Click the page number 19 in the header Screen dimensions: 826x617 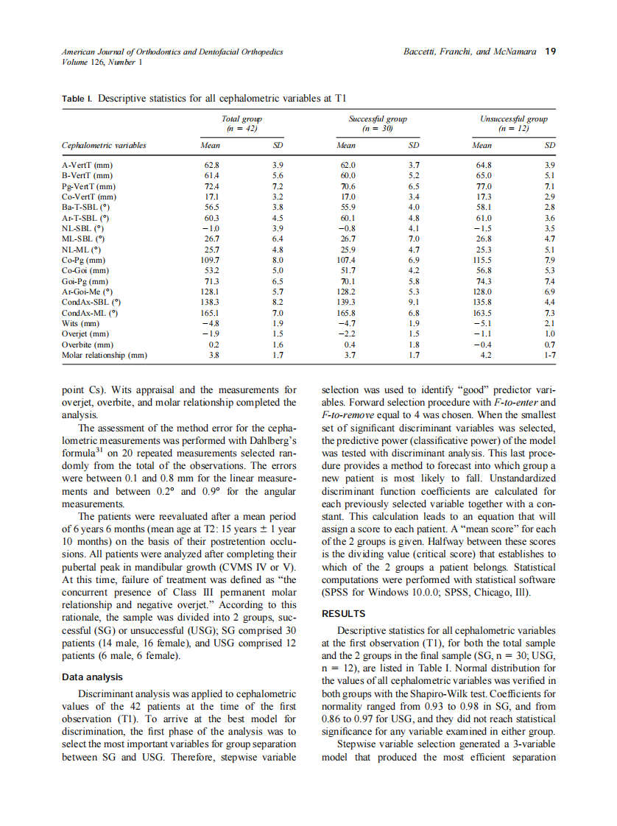click(x=550, y=52)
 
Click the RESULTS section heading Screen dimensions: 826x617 click(x=344, y=613)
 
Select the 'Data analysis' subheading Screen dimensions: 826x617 click(x=91, y=677)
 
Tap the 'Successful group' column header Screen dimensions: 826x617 click(x=377, y=119)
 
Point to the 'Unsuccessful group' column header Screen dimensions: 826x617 click(x=513, y=119)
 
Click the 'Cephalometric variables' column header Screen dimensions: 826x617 click(x=104, y=145)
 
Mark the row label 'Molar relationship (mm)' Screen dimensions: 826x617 click(x=104, y=356)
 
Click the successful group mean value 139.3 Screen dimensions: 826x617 click(x=345, y=303)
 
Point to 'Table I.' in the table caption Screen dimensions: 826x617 click(x=77, y=98)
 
